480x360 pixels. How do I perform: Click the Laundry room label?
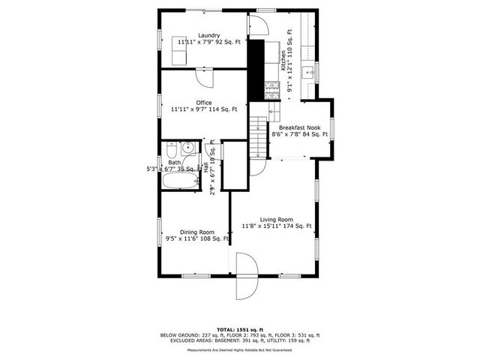coord(208,35)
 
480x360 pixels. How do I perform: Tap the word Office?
coord(204,103)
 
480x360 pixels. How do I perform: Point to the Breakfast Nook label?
coord(300,127)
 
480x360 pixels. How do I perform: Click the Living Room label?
coord(276,219)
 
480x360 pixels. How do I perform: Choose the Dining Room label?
coord(197,232)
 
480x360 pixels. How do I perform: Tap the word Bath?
coord(174,163)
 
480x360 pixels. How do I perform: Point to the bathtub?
coord(179,181)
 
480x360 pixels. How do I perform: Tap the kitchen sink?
coord(307,73)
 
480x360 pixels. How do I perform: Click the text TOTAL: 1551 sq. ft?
coord(239,329)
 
